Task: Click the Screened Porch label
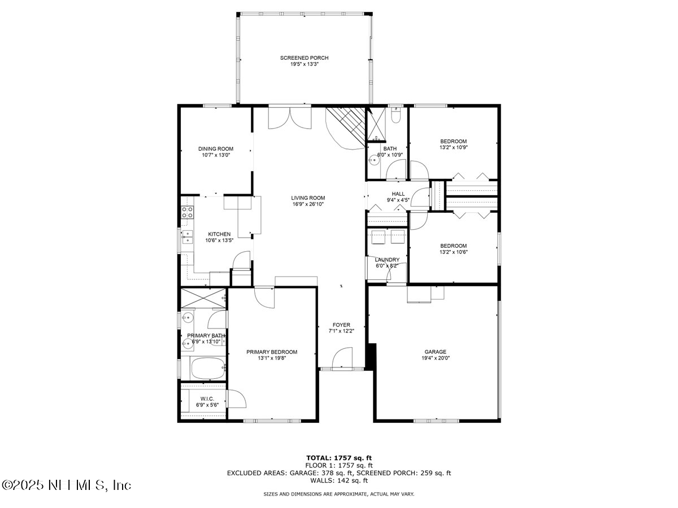click(304, 58)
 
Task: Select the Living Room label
click(308, 198)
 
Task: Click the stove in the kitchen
click(187, 213)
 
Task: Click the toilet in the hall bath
click(395, 116)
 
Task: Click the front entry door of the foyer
click(341, 361)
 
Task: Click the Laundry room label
click(387, 260)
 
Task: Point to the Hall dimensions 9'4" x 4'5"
click(398, 200)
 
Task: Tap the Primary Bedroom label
click(271, 352)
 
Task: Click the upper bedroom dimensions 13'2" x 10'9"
click(454, 147)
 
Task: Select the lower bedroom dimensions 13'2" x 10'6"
click(454, 252)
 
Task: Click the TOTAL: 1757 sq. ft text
click(339, 458)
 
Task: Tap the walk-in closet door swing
click(237, 400)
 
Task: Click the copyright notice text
click(67, 485)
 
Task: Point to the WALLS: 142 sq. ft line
click(339, 480)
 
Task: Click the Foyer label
click(341, 325)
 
